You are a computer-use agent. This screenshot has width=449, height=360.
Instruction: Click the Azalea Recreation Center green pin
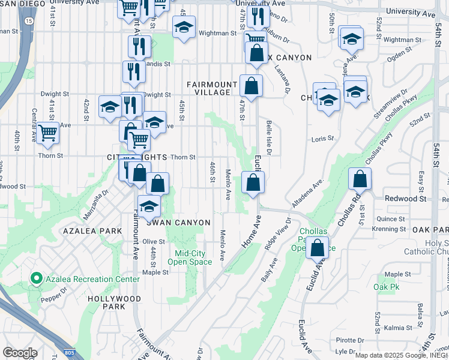pyautogui.click(x=36, y=278)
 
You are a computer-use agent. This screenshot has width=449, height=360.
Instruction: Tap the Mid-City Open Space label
pyautogui.click(x=189, y=257)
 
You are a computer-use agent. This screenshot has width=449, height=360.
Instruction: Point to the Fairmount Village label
pyautogui.click(x=208, y=88)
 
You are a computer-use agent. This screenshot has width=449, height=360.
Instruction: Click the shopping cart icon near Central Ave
pyautogui.click(x=47, y=133)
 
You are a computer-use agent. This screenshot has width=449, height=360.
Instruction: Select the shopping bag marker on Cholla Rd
pyautogui.click(x=360, y=179)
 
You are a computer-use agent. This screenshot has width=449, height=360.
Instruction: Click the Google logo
pyautogui.click(x=20, y=353)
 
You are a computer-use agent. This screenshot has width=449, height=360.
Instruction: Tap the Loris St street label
pyautogui.click(x=322, y=139)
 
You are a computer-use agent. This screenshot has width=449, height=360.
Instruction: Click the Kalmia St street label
pyautogui.click(x=395, y=328)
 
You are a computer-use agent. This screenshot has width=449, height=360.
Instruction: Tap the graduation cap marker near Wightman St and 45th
pyautogui.click(x=184, y=27)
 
